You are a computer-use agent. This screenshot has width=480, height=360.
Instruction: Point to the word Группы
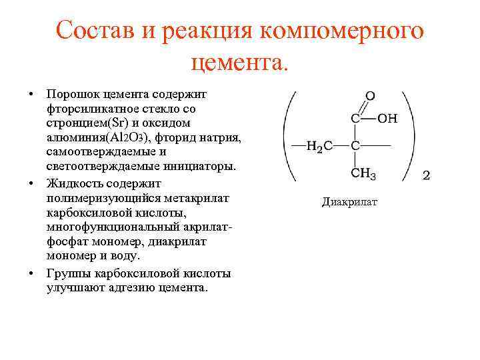click(x=68, y=273)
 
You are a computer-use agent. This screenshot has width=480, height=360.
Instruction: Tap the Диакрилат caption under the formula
click(x=349, y=201)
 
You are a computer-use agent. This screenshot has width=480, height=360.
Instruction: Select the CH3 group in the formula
click(x=363, y=175)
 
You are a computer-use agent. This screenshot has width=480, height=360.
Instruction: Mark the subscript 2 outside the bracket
click(x=427, y=176)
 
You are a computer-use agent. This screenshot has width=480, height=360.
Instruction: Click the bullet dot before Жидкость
click(x=32, y=183)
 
